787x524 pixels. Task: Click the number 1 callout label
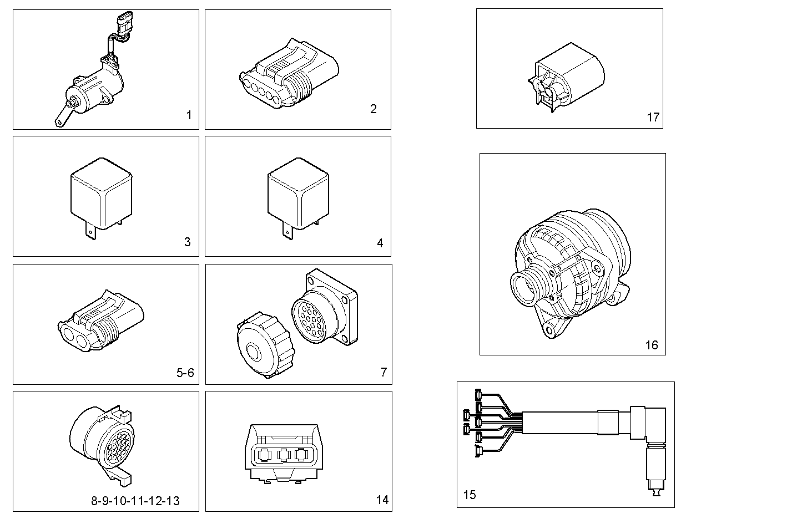[189, 115]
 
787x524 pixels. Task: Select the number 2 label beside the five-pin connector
[373, 109]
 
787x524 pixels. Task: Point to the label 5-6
[185, 373]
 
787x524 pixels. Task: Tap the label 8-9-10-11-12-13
[135, 501]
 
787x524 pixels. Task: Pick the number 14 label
[382, 500]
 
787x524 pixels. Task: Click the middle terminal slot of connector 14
[284, 455]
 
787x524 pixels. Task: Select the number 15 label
[470, 494]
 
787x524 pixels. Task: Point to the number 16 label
[651, 345]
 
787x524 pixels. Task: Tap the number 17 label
[653, 117]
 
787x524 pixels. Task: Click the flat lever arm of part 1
[62, 116]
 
